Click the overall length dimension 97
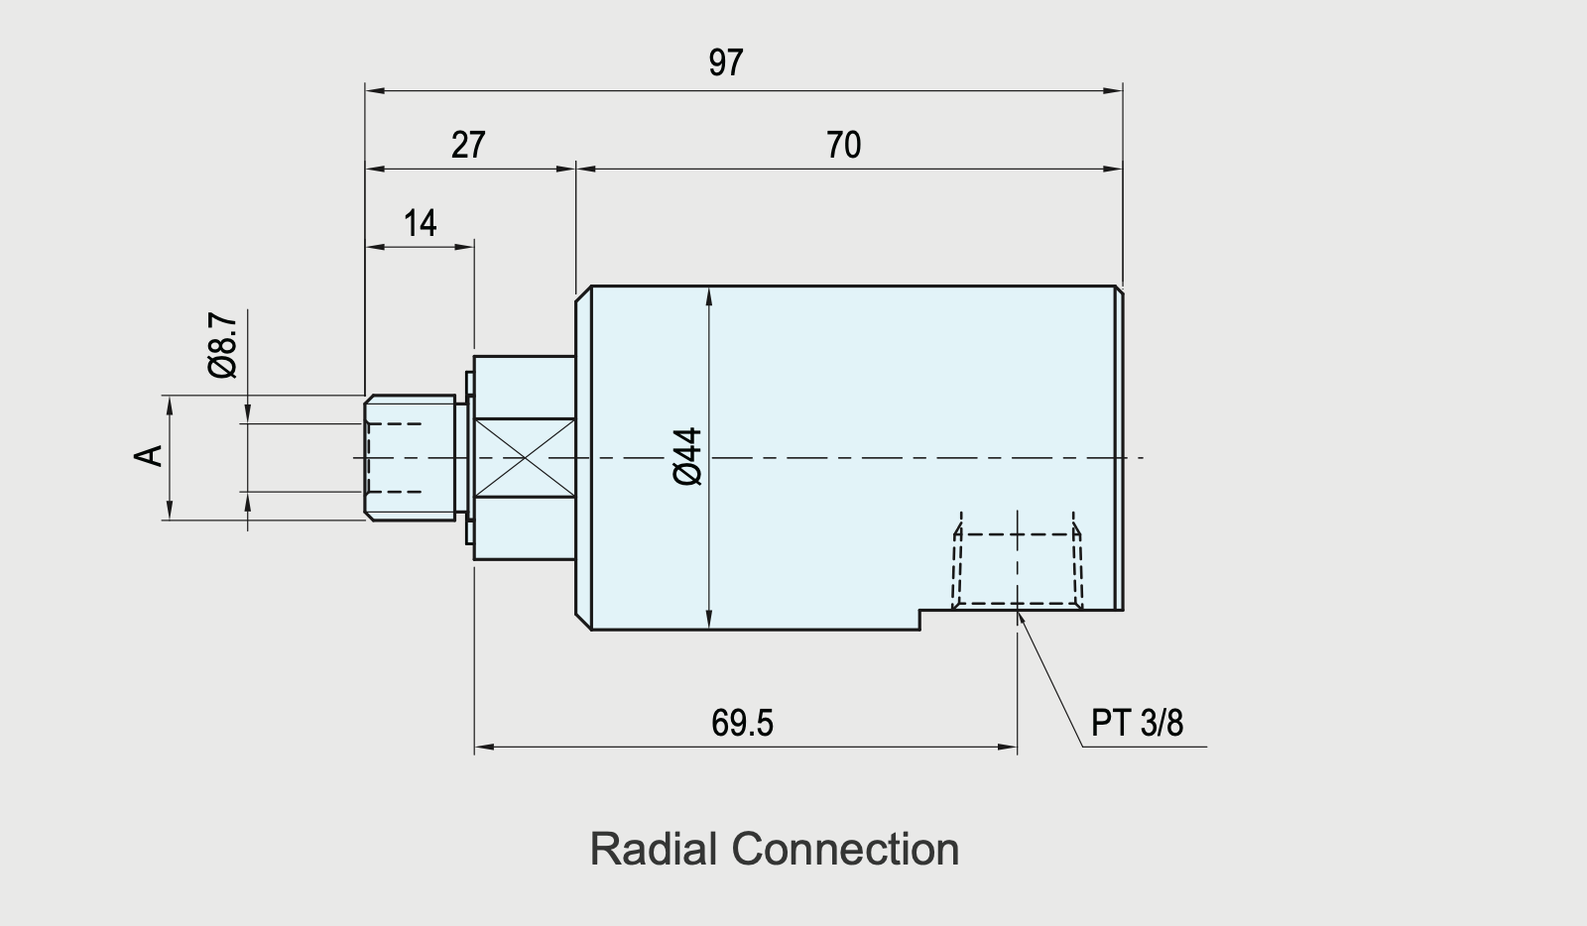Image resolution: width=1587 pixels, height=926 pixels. pos(725,63)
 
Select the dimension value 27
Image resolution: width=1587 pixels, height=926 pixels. pos(468,146)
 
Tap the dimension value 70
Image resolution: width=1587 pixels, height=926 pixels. pos(843,146)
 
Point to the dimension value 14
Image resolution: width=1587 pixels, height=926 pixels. pos(420,224)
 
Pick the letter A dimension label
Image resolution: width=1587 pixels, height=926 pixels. pos(149,456)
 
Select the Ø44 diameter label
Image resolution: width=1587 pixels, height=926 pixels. pos(687,456)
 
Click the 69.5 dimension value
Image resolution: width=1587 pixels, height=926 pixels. pos(742,724)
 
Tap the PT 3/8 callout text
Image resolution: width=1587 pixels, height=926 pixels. pos(1137,723)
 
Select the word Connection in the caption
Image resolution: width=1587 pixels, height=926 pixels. pos(845,850)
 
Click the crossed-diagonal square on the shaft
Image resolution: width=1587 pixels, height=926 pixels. pos(525,458)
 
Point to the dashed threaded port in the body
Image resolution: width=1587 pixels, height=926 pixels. pos(1017,568)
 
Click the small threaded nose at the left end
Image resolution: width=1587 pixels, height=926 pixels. pos(410,457)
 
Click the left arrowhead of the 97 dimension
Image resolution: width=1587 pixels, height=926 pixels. pos(373,91)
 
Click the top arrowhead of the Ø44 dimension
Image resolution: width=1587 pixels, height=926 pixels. pos(709,294)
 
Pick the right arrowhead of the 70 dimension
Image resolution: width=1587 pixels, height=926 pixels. pos(1115,169)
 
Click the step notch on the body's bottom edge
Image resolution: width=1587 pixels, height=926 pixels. pos(922,619)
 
